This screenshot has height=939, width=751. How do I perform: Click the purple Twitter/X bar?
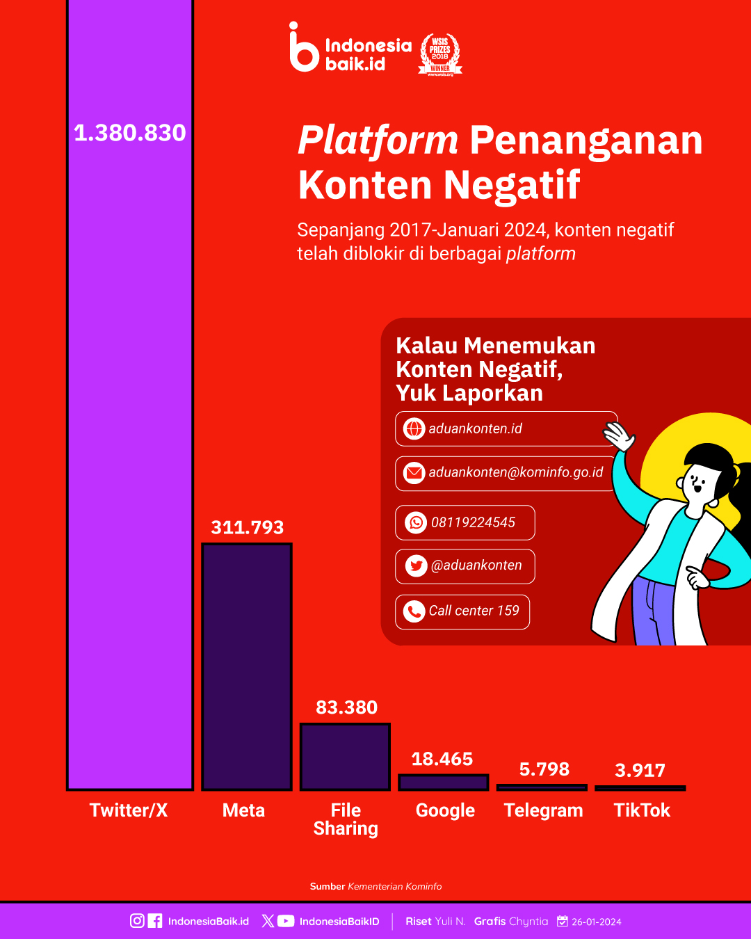[130, 395]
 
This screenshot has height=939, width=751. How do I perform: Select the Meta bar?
[247, 667]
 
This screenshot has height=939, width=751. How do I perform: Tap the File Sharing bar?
[345, 757]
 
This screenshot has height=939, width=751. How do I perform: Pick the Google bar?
[444, 782]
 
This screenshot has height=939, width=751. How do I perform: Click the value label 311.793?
[248, 527]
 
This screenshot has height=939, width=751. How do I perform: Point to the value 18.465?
[442, 760]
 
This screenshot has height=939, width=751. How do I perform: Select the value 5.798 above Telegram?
[544, 769]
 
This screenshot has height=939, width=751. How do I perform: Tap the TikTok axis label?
[642, 810]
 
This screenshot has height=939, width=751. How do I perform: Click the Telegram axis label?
[544, 810]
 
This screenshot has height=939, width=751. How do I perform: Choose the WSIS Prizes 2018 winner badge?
[440, 54]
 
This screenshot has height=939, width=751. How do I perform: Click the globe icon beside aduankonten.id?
[414, 428]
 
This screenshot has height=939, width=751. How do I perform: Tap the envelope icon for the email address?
[414, 473]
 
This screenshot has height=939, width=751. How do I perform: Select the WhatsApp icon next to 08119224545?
[416, 523]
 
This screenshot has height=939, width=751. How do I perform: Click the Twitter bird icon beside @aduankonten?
[416, 566]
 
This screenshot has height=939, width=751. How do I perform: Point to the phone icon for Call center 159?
[414, 611]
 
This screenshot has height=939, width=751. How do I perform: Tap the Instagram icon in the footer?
[137, 921]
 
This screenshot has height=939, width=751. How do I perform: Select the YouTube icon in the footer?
[286, 921]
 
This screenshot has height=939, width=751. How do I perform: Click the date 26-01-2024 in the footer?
[596, 922]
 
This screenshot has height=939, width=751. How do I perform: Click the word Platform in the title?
[378, 141]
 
